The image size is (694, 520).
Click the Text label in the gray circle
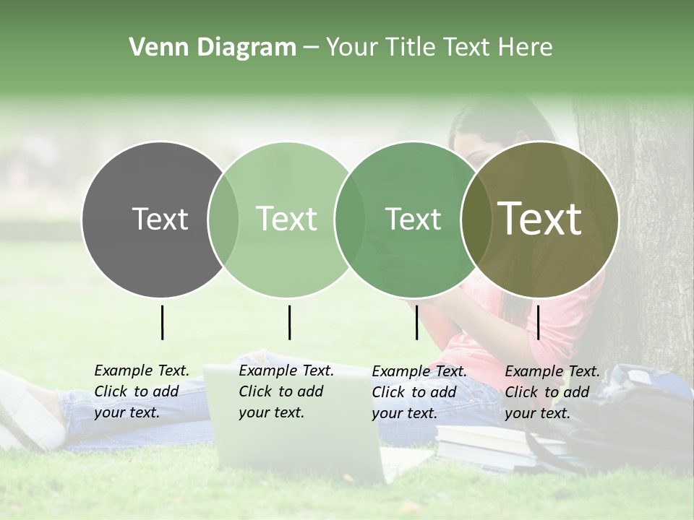tap(160, 219)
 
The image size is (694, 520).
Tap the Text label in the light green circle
tap(287, 219)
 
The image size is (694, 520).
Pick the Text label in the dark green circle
tap(413, 219)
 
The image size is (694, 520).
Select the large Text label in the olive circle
tap(540, 219)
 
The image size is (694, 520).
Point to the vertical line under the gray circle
tap(162, 322)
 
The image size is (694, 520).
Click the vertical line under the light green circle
tap(289, 322)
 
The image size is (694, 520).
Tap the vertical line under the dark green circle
tap(416, 322)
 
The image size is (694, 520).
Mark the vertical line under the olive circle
tap(539, 322)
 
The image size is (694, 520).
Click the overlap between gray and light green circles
tap(223, 219)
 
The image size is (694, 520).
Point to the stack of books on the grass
tap(492, 445)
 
